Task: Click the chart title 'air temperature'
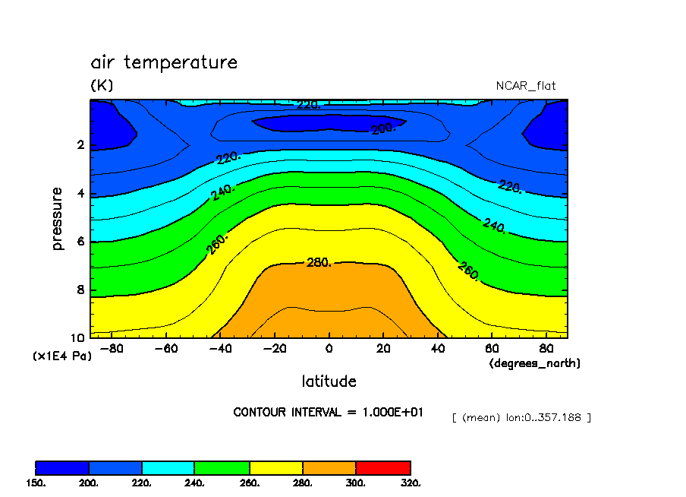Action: [164, 62]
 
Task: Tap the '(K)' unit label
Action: [102, 85]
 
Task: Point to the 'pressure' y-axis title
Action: [58, 219]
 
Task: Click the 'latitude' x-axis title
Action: [329, 381]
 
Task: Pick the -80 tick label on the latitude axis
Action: [112, 349]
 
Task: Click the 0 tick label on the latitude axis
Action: [329, 349]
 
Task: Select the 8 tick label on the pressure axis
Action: [80, 290]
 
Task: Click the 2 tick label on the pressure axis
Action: [80, 145]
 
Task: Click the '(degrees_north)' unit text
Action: [534, 363]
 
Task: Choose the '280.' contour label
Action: [318, 263]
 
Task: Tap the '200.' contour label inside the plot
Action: [384, 129]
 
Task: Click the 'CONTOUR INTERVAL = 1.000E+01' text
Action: [329, 412]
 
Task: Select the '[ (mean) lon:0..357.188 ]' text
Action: [521, 417]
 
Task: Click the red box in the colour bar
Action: [383, 467]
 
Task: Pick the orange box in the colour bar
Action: [329, 467]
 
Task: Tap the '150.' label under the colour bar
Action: [36, 483]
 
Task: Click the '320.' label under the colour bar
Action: [411, 483]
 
